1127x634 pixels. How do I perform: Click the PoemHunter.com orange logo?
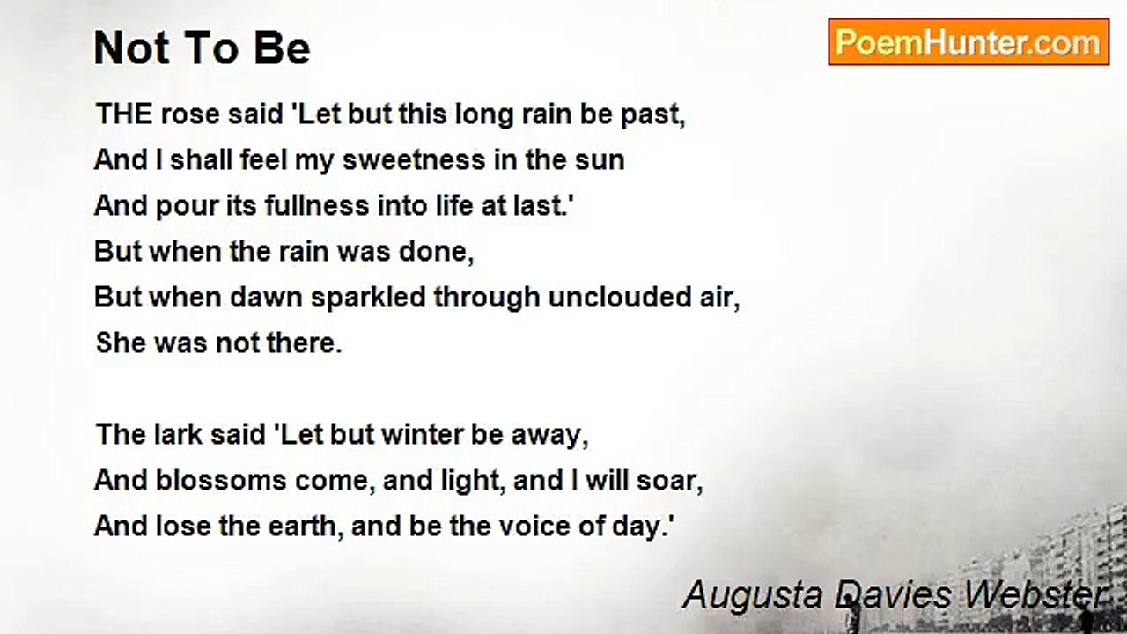[x=969, y=42]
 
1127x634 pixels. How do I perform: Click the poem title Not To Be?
[x=202, y=48]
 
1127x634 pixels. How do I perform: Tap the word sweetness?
[x=414, y=160]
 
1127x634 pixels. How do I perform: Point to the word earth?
[x=306, y=527]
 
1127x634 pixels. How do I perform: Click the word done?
[x=436, y=252]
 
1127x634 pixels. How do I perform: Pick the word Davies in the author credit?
[x=892, y=594]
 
